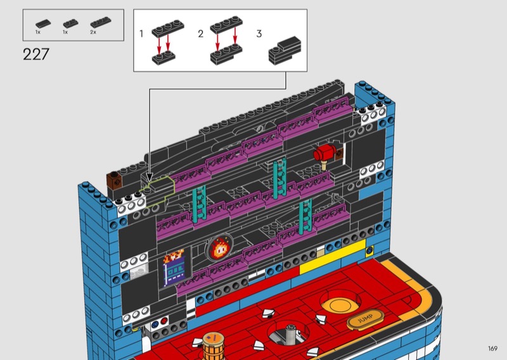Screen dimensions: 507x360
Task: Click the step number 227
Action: [36, 55]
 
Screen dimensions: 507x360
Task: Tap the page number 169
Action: [492, 349]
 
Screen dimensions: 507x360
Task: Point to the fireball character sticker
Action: [220, 248]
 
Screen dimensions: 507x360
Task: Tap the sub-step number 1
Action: [141, 34]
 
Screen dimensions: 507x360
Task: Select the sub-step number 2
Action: [200, 34]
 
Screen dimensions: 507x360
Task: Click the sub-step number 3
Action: [259, 34]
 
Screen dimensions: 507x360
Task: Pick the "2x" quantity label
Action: [93, 32]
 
